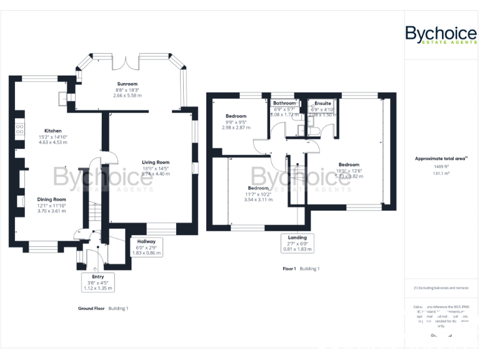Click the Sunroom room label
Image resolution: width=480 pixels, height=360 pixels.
click(x=127, y=84)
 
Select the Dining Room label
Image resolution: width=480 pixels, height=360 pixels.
click(x=51, y=199)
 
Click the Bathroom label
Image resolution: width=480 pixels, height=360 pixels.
click(x=284, y=103)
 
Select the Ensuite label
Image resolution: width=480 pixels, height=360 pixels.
click(x=322, y=103)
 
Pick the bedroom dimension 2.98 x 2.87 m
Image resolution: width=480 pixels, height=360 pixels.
click(x=235, y=127)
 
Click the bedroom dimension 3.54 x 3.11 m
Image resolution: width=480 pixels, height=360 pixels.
click(x=258, y=199)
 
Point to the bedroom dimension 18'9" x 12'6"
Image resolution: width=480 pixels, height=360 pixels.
click(x=349, y=171)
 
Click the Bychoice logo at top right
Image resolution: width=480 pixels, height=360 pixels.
click(x=441, y=34)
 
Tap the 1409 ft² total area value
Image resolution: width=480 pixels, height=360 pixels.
click(x=441, y=167)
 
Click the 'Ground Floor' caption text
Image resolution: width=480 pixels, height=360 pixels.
click(x=91, y=308)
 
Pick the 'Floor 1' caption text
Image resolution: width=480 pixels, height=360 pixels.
click(x=289, y=269)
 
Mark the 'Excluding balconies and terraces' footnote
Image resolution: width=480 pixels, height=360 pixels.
click(x=441, y=287)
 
